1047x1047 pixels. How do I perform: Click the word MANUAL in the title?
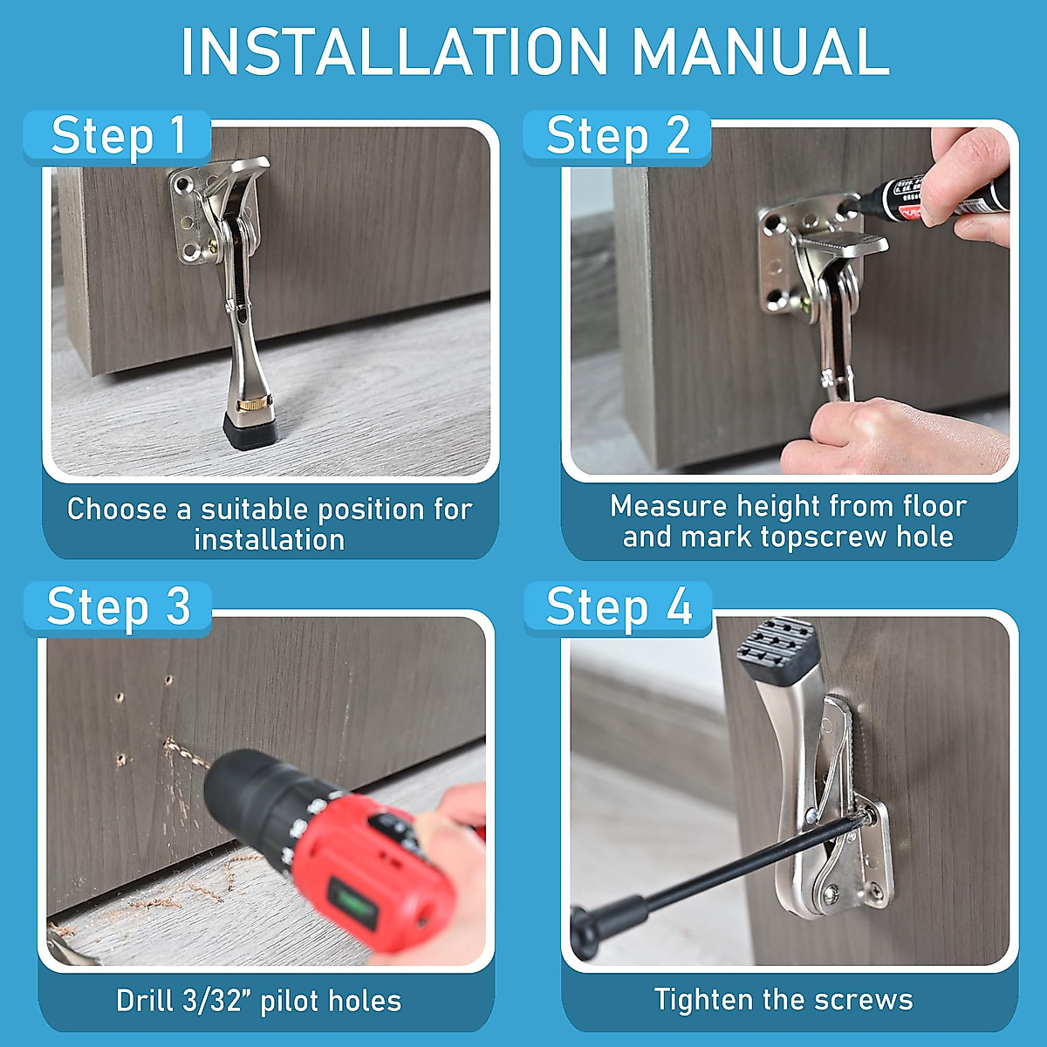tap(761, 51)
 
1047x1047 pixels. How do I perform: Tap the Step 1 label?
tap(118, 136)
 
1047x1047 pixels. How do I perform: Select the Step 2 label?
tap(618, 136)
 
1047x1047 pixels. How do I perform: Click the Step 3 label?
tap(118, 607)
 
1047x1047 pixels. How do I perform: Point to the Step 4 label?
tap(619, 607)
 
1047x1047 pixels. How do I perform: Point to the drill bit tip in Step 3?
tap(168, 741)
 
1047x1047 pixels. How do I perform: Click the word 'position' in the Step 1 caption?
tap(371, 510)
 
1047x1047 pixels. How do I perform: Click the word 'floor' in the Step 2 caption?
tap(935, 506)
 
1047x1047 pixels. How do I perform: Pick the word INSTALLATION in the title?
tap(393, 51)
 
